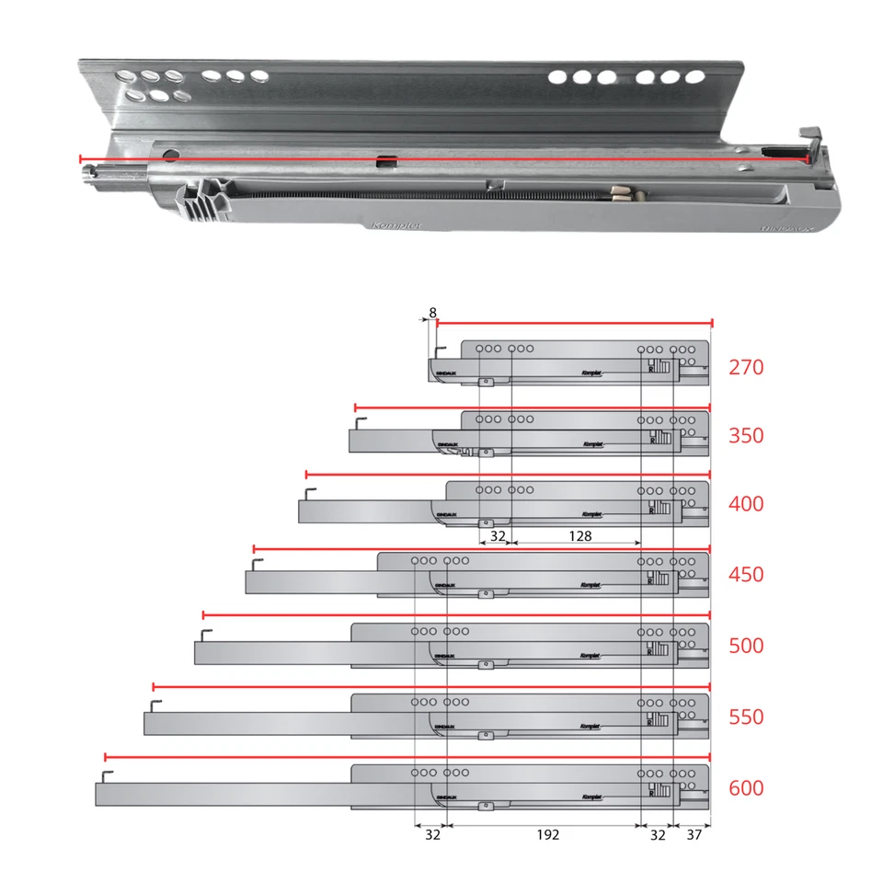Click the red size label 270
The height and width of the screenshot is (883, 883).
(x=746, y=368)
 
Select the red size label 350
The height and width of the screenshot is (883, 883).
(x=746, y=435)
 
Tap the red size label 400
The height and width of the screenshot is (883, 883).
(x=746, y=504)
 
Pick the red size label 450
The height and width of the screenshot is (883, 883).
(x=746, y=575)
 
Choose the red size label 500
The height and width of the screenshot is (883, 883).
(x=746, y=646)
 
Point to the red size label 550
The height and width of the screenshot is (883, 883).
(x=746, y=717)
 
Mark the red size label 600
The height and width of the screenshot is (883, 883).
(x=746, y=788)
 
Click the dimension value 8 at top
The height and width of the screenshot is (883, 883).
(x=432, y=314)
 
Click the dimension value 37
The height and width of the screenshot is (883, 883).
(x=694, y=835)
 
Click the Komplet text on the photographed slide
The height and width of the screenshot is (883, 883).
(x=397, y=224)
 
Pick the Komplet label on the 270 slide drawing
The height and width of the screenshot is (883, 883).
(x=591, y=373)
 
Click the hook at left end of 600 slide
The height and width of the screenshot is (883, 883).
(x=108, y=774)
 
